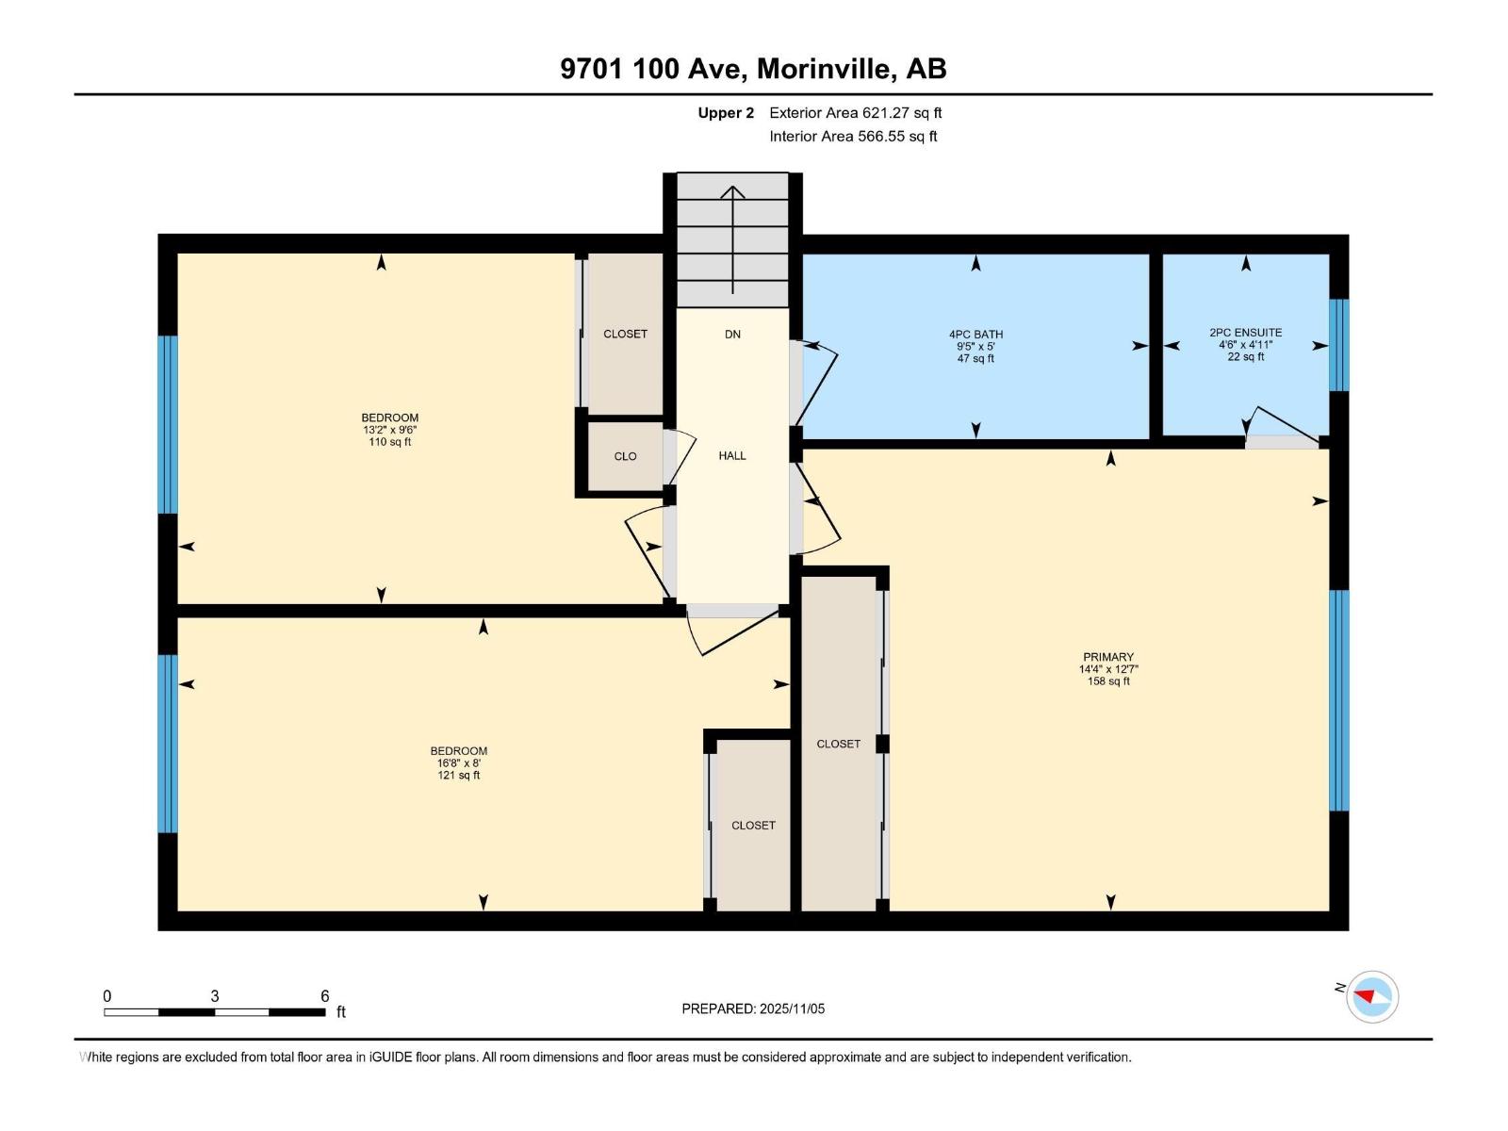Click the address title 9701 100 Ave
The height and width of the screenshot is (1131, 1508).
click(x=753, y=69)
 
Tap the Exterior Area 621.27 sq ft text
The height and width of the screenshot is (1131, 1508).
click(x=855, y=113)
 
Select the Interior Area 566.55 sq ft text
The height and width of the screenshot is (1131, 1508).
click(x=853, y=136)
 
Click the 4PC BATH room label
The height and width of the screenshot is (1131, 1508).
click(x=975, y=335)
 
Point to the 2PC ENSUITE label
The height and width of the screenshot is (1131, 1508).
click(x=1245, y=333)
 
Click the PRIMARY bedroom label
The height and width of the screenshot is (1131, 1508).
click(x=1108, y=657)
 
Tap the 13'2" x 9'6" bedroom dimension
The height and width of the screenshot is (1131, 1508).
click(x=389, y=430)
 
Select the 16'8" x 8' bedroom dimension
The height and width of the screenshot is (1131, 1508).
click(x=458, y=763)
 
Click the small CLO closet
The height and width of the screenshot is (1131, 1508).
click(x=625, y=456)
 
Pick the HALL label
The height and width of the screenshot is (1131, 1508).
click(x=732, y=456)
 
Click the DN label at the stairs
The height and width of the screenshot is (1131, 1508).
click(x=732, y=335)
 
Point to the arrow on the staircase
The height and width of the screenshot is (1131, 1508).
click(x=732, y=236)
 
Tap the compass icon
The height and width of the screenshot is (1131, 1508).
click(x=1371, y=996)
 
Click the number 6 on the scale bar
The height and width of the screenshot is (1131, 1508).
click(x=324, y=996)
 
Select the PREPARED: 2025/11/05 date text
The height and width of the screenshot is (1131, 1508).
click(x=753, y=1008)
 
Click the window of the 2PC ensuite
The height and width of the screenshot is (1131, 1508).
click(x=1338, y=345)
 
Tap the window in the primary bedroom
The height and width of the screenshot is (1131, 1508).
click(x=1338, y=700)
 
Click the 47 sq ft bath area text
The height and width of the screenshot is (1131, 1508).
click(x=975, y=358)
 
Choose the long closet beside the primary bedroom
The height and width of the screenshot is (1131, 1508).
click(x=839, y=744)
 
